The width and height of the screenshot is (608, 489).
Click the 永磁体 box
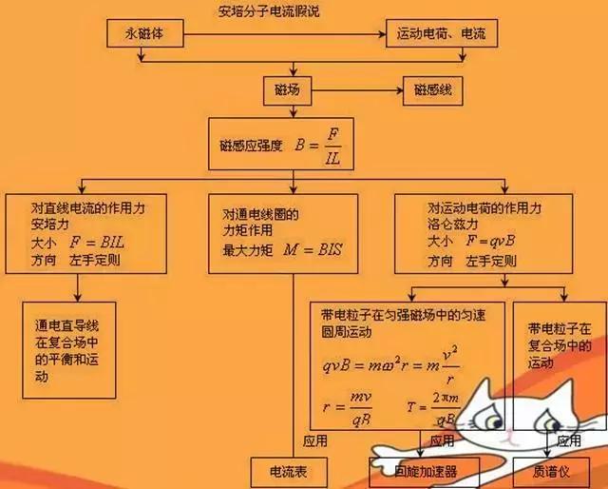click(x=144, y=34)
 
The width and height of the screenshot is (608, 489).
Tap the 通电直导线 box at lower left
click(x=67, y=350)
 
